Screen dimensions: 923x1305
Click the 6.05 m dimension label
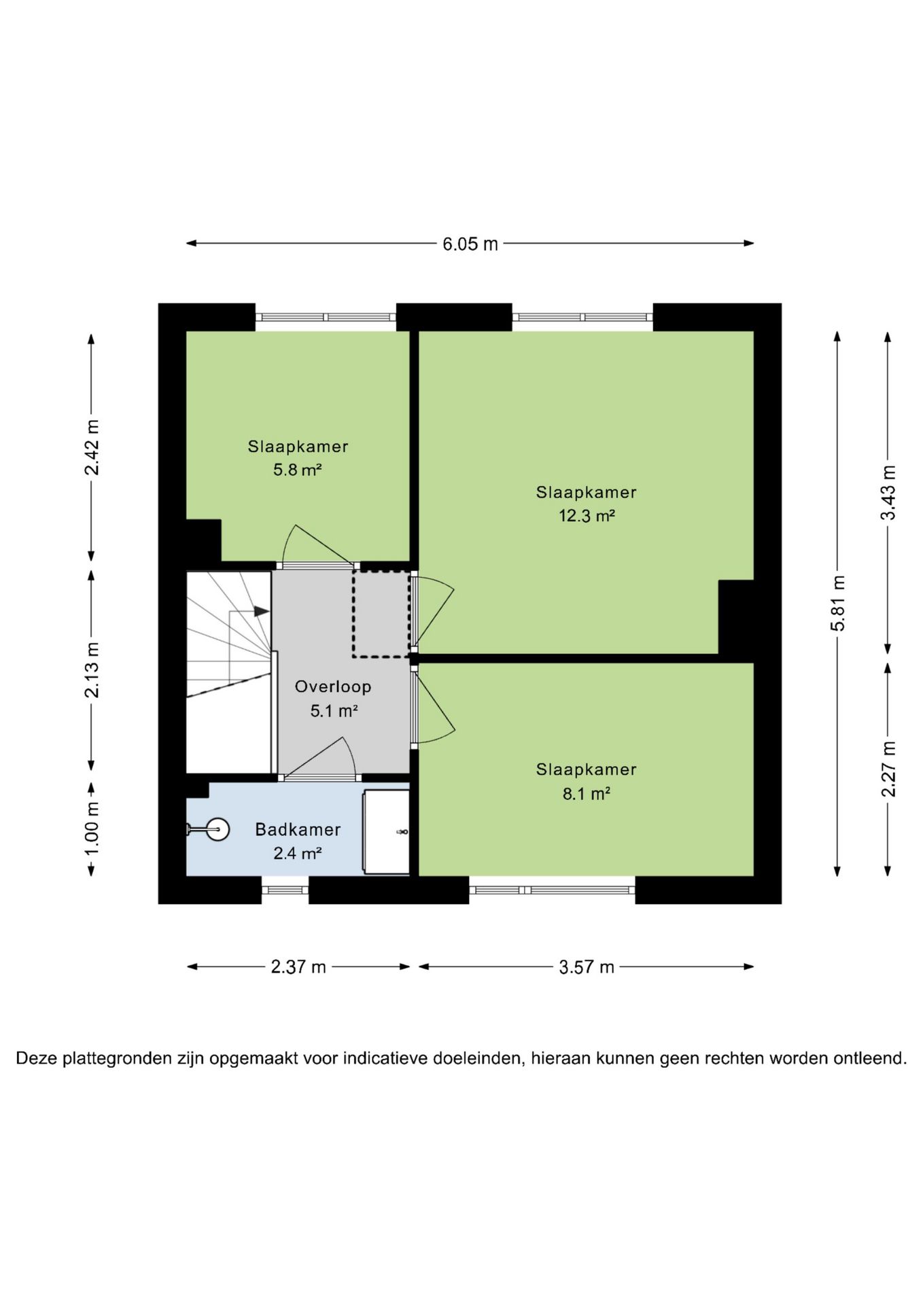click(470, 243)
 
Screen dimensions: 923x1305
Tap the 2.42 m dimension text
click(92, 447)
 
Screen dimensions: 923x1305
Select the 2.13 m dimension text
click(92, 669)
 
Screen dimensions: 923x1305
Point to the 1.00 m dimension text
click(92, 829)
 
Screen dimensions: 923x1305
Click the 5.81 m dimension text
click(838, 603)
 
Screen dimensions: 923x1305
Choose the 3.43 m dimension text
click(888, 493)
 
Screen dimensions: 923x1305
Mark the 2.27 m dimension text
click(888, 769)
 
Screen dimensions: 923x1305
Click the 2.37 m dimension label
click(298, 967)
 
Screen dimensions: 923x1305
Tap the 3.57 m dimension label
click(587, 967)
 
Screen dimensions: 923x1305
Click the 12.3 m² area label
click(587, 516)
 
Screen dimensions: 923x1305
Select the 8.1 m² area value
click(586, 793)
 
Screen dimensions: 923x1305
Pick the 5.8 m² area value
click(297, 470)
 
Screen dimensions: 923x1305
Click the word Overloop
click(333, 686)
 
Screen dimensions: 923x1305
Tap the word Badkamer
click(298, 829)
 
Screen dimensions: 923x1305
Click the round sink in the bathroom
click(217, 829)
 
